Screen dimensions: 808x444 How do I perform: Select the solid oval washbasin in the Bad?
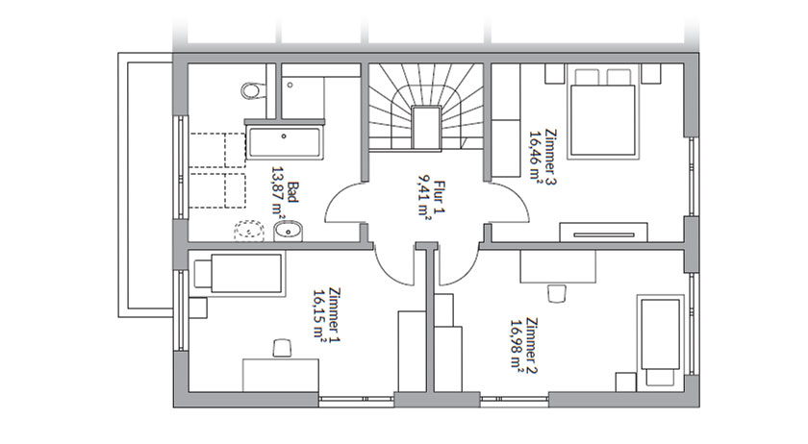pos(289,231)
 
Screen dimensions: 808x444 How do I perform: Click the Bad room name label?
pos(293,192)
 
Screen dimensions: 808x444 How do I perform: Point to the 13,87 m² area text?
pos(279,192)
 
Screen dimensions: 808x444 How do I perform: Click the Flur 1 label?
pos(440,197)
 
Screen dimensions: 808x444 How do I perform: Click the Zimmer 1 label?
pos(335,314)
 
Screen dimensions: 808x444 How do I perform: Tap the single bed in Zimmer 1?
pos(240,274)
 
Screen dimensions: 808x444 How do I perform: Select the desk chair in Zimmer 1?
pos(281,347)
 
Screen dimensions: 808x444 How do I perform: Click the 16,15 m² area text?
pos(320,314)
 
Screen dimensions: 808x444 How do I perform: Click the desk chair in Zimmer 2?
pos(557,293)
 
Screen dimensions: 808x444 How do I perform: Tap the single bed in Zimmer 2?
pos(661,341)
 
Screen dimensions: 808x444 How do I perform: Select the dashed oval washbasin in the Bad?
pos(249,232)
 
